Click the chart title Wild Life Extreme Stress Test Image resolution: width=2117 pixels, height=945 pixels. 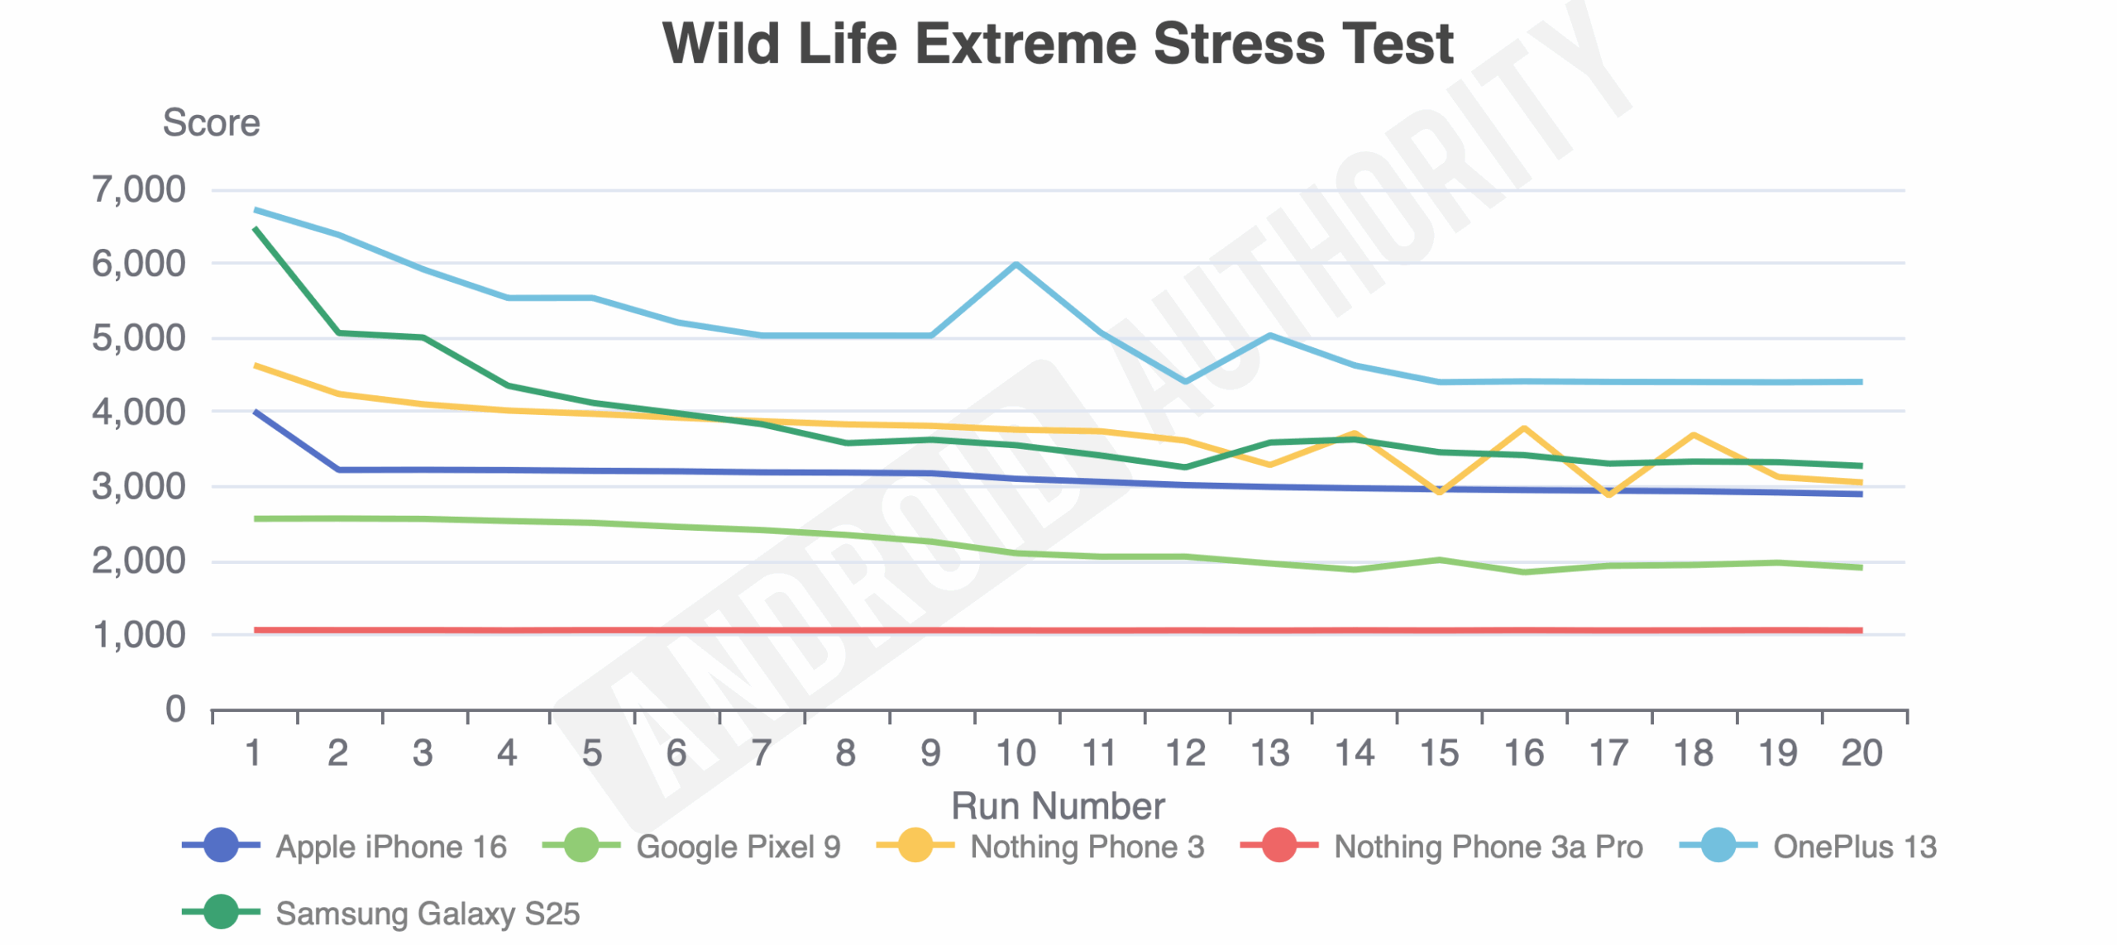1058,43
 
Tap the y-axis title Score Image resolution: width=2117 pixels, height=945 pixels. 211,123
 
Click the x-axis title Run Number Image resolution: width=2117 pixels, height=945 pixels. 1058,806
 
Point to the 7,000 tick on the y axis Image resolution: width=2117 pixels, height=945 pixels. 139,190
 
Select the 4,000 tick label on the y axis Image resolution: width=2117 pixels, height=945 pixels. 139,412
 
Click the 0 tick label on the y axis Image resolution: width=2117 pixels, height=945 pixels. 175,709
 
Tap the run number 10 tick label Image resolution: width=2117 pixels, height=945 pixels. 1015,753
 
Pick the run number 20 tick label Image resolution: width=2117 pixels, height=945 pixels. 1861,753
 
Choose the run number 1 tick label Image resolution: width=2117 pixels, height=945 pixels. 254,753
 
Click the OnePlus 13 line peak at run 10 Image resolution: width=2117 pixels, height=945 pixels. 1015,264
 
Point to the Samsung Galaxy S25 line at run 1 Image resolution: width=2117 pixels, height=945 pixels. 255,228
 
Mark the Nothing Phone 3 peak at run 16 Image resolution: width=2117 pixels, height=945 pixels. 1523,428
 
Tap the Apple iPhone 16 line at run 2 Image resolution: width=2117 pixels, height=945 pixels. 339,470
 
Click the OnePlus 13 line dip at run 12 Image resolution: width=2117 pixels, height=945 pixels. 1185,382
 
